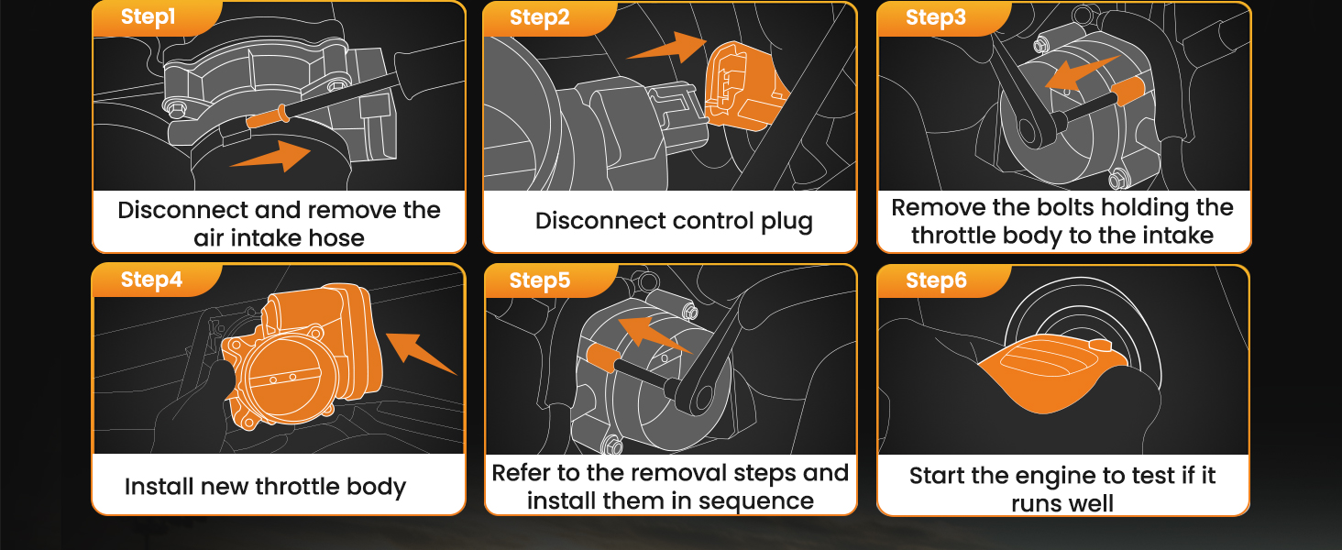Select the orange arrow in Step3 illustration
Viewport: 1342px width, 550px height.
click(1082, 73)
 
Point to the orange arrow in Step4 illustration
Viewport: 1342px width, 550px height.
click(420, 354)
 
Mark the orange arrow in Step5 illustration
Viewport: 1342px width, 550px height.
click(653, 335)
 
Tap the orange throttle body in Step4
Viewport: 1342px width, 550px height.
click(302, 357)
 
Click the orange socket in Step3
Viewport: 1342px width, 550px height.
click(1128, 91)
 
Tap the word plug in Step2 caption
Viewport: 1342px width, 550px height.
click(786, 222)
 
